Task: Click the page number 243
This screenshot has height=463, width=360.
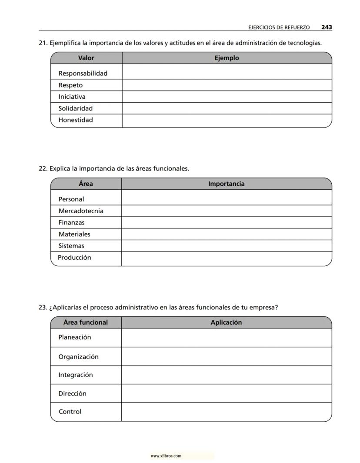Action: click(327, 27)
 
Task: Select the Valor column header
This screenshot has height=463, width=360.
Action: click(86, 58)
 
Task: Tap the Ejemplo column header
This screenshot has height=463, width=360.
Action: click(227, 58)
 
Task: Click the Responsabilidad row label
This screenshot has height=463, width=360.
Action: click(83, 73)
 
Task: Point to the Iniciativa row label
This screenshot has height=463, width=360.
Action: click(72, 97)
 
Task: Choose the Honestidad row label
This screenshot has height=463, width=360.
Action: click(76, 120)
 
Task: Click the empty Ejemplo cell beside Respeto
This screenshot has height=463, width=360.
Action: click(227, 85)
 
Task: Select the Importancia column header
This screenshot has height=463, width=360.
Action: click(226, 184)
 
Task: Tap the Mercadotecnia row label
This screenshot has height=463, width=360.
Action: click(81, 211)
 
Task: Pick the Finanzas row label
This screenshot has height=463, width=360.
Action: click(72, 222)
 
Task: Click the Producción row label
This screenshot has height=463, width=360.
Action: click(74, 258)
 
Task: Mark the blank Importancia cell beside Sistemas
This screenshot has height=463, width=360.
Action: click(226, 246)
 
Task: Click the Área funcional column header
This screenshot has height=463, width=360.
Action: click(86, 322)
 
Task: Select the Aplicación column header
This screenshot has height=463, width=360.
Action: click(226, 322)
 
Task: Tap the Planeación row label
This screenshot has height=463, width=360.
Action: click(75, 337)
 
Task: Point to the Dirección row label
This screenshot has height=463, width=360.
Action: click(73, 393)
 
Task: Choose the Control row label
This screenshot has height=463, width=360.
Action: click(70, 412)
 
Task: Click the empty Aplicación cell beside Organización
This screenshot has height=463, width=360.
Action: click(226, 356)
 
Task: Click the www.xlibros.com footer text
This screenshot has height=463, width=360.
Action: click(166, 456)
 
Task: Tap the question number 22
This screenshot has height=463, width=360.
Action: click(43, 168)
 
